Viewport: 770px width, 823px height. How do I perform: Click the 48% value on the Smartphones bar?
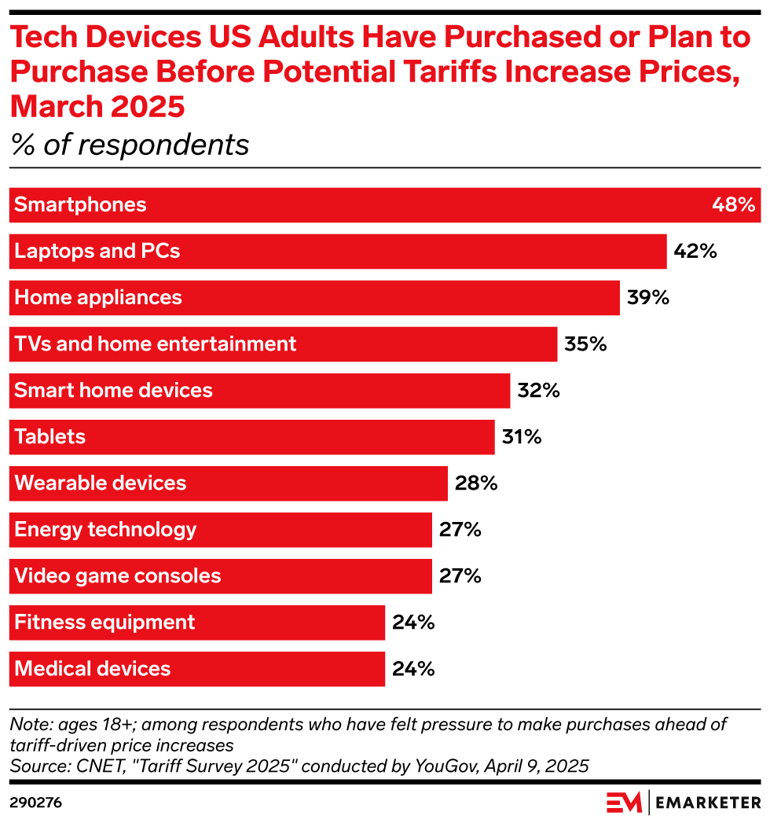[x=734, y=205]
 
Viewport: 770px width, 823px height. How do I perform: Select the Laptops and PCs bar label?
[x=97, y=252]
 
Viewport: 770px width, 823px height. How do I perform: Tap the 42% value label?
[x=695, y=252]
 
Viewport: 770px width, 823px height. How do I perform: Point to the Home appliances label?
[x=98, y=298]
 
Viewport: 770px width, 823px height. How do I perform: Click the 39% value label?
[x=648, y=298]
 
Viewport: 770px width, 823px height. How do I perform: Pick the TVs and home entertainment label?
[x=156, y=344]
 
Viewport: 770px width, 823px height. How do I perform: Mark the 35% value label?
[x=585, y=344]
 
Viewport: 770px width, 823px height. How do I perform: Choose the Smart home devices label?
[x=114, y=391]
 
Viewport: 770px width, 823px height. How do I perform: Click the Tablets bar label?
[x=50, y=437]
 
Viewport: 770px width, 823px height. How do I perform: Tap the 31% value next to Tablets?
[x=522, y=437]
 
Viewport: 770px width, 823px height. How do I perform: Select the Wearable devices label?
[x=101, y=483]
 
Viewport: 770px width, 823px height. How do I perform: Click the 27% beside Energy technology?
[x=460, y=530]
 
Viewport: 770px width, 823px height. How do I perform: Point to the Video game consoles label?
[x=118, y=576]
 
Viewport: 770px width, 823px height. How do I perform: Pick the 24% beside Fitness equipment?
[x=412, y=623]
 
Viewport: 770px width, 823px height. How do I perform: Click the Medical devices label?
[x=93, y=669]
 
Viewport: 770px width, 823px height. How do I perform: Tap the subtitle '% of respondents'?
[x=130, y=145]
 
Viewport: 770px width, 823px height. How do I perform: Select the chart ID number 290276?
[x=35, y=803]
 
